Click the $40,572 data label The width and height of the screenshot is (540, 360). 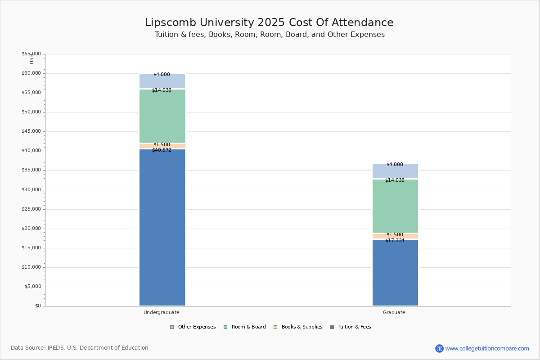162,150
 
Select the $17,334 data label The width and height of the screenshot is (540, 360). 395,241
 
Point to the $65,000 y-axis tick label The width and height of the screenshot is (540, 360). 31,54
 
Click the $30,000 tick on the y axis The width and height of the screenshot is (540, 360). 31,190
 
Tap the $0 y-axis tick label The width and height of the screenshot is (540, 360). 38,306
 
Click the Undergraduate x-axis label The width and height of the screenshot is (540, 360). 162,312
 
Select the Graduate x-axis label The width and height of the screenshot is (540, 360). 394,312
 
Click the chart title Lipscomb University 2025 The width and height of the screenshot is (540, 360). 269,23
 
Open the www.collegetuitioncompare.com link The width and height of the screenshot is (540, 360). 487,348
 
